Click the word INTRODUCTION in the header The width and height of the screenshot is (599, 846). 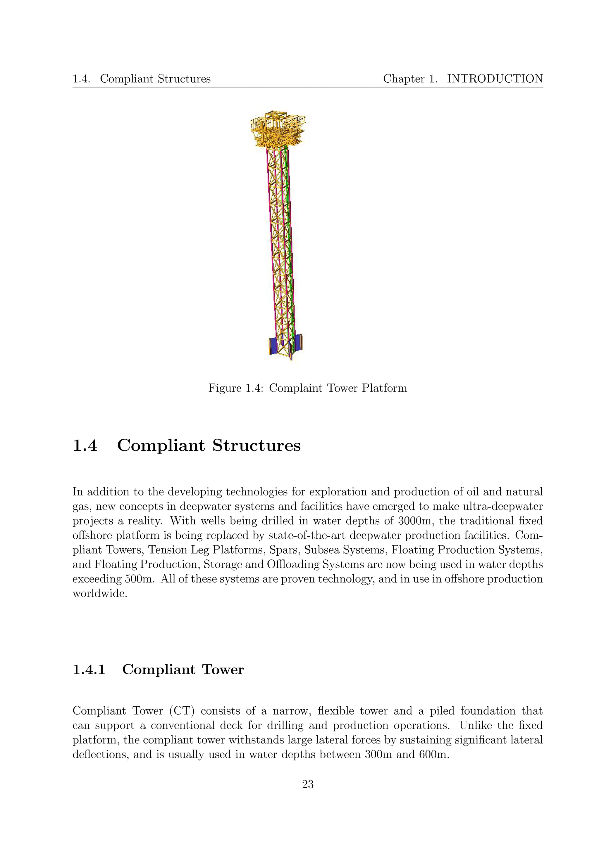click(x=495, y=79)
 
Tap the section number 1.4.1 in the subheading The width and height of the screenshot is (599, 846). click(x=89, y=670)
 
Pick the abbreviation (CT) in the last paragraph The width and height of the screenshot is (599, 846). click(x=182, y=711)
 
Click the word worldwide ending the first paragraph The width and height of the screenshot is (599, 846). click(x=99, y=594)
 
